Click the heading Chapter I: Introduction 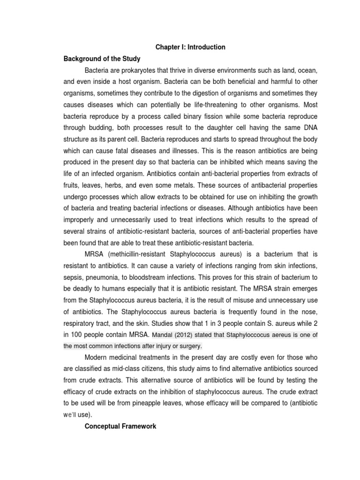pos(190,47)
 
